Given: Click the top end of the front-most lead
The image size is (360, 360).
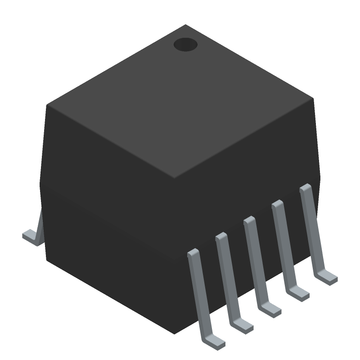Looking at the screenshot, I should click(x=193, y=252).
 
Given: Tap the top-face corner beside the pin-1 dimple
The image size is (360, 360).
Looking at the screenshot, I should click(x=185, y=25).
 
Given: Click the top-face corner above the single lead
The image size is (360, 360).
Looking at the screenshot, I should click(x=47, y=105).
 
